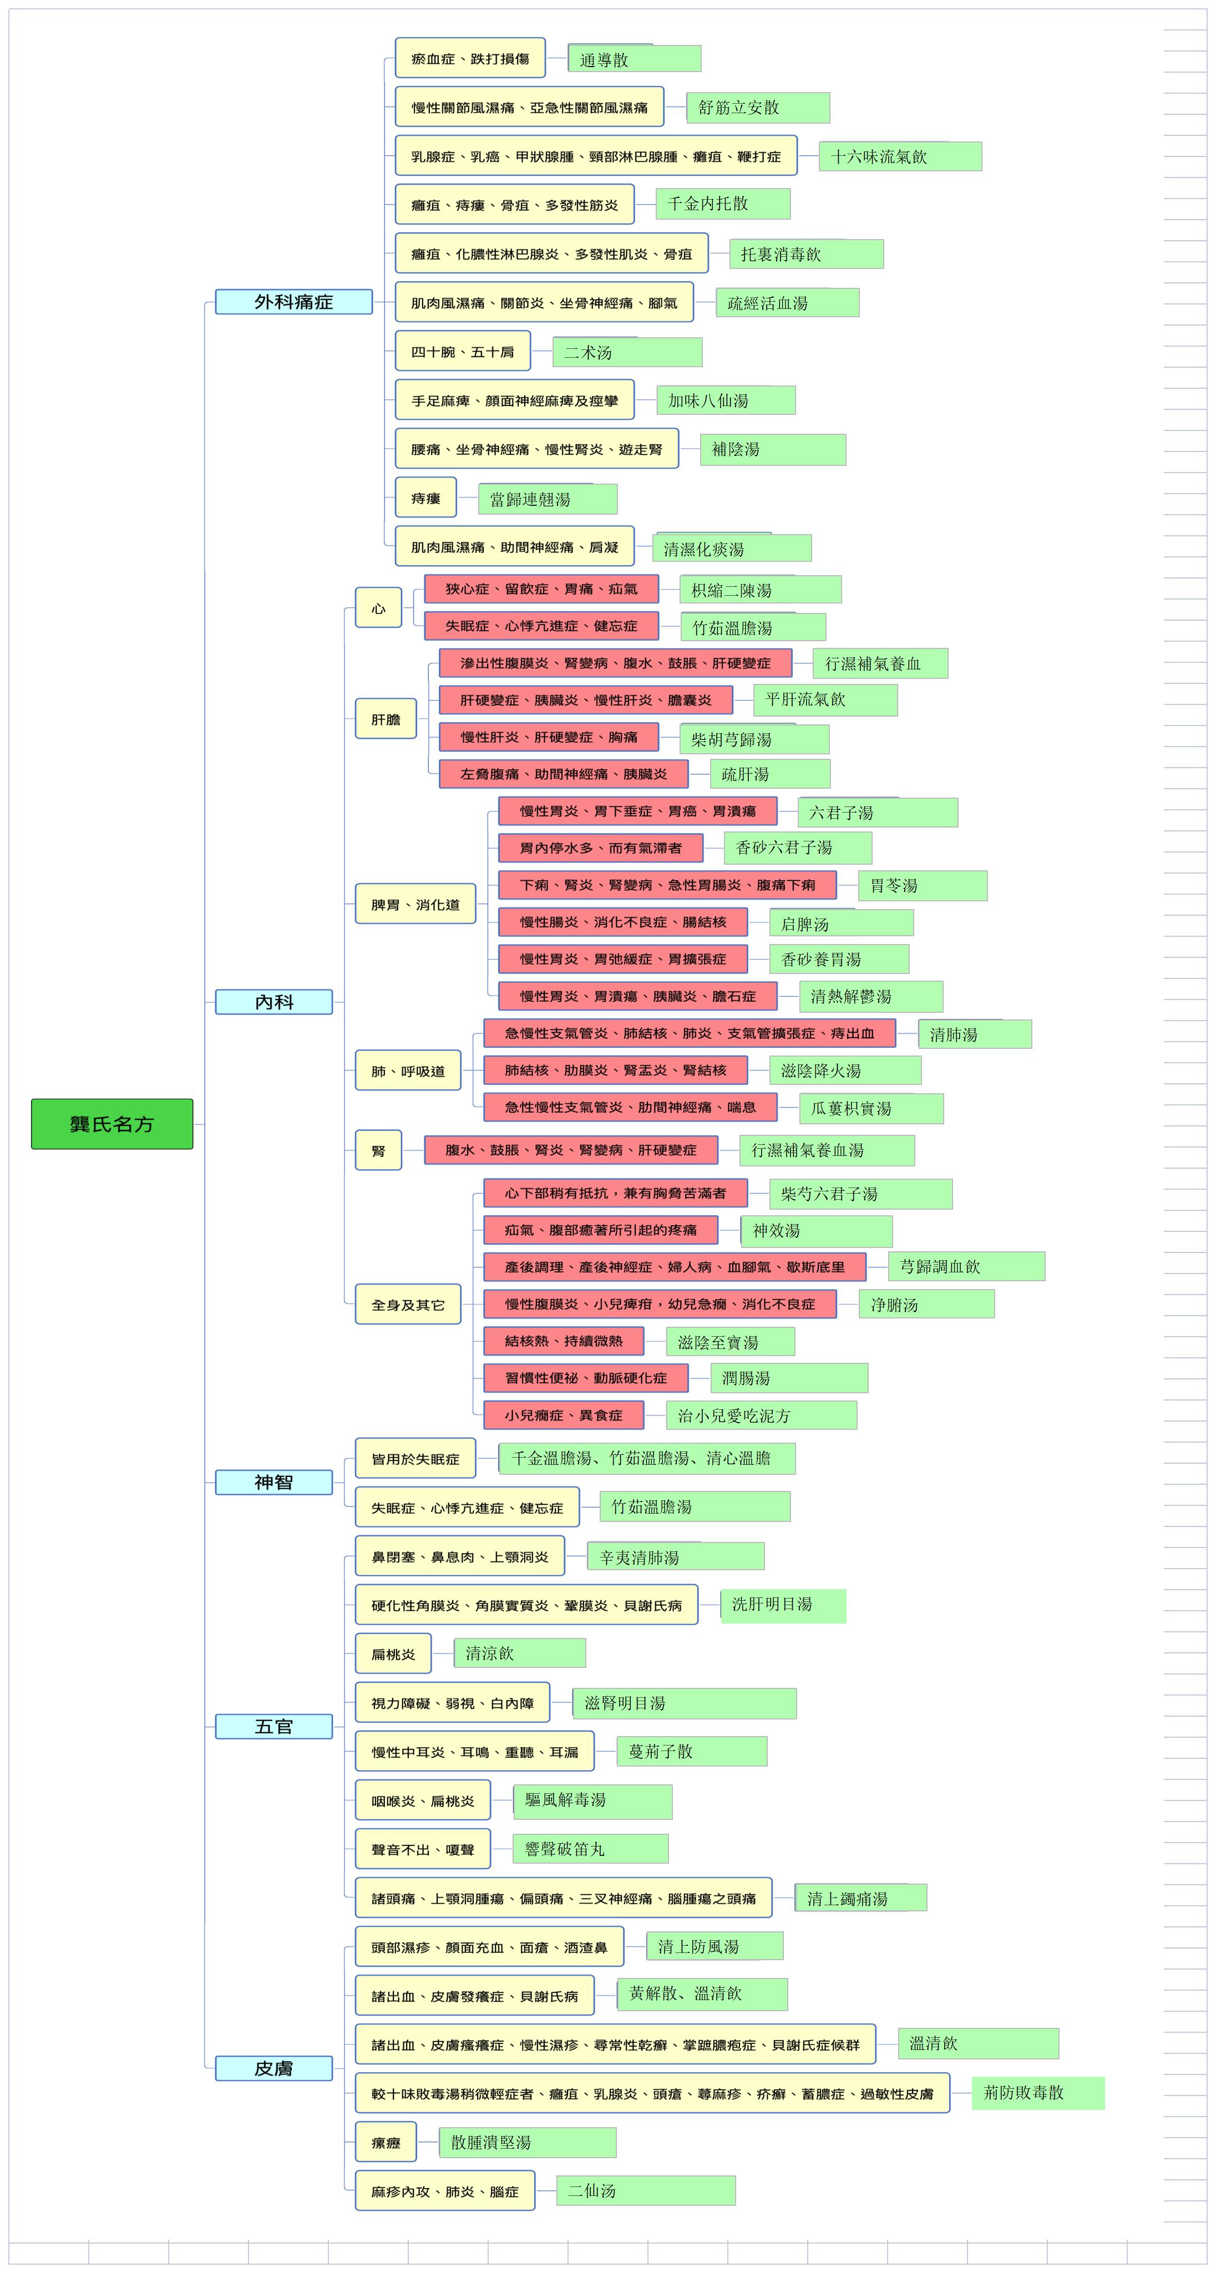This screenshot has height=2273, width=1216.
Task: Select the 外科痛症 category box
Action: (294, 302)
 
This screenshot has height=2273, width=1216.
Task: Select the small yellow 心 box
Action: (378, 608)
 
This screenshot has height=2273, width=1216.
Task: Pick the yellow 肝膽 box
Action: (386, 719)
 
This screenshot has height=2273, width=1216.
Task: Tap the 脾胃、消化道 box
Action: (416, 905)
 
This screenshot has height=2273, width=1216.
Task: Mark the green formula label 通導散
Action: (635, 59)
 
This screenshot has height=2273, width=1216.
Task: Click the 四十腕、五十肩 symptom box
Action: (463, 351)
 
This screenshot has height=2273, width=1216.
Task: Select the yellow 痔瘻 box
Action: (425, 498)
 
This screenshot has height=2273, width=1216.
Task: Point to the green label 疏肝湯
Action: (771, 774)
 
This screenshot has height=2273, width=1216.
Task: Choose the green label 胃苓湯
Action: (923, 885)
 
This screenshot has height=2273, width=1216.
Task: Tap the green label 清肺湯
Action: (975, 1034)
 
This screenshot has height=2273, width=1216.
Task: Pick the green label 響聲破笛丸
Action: (591, 1849)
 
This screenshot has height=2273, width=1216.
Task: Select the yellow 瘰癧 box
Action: (386, 2143)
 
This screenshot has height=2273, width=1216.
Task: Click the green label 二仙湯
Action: (646, 2191)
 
